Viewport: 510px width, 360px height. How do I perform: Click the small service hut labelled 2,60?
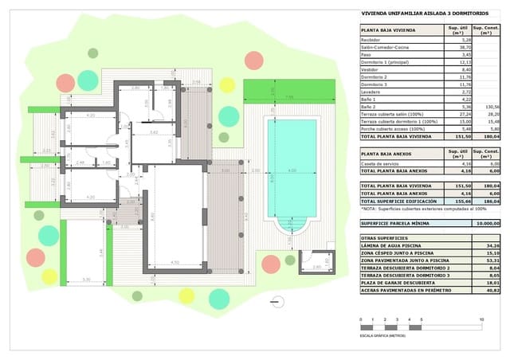click(316, 264)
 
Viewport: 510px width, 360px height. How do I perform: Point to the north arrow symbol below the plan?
click(277, 301)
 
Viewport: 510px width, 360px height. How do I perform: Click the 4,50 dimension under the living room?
click(175, 262)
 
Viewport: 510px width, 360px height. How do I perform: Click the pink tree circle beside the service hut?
click(272, 263)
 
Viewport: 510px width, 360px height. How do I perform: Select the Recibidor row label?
click(371, 39)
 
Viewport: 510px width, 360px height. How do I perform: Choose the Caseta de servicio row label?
click(381, 163)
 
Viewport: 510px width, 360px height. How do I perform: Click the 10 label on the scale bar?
click(481, 320)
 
